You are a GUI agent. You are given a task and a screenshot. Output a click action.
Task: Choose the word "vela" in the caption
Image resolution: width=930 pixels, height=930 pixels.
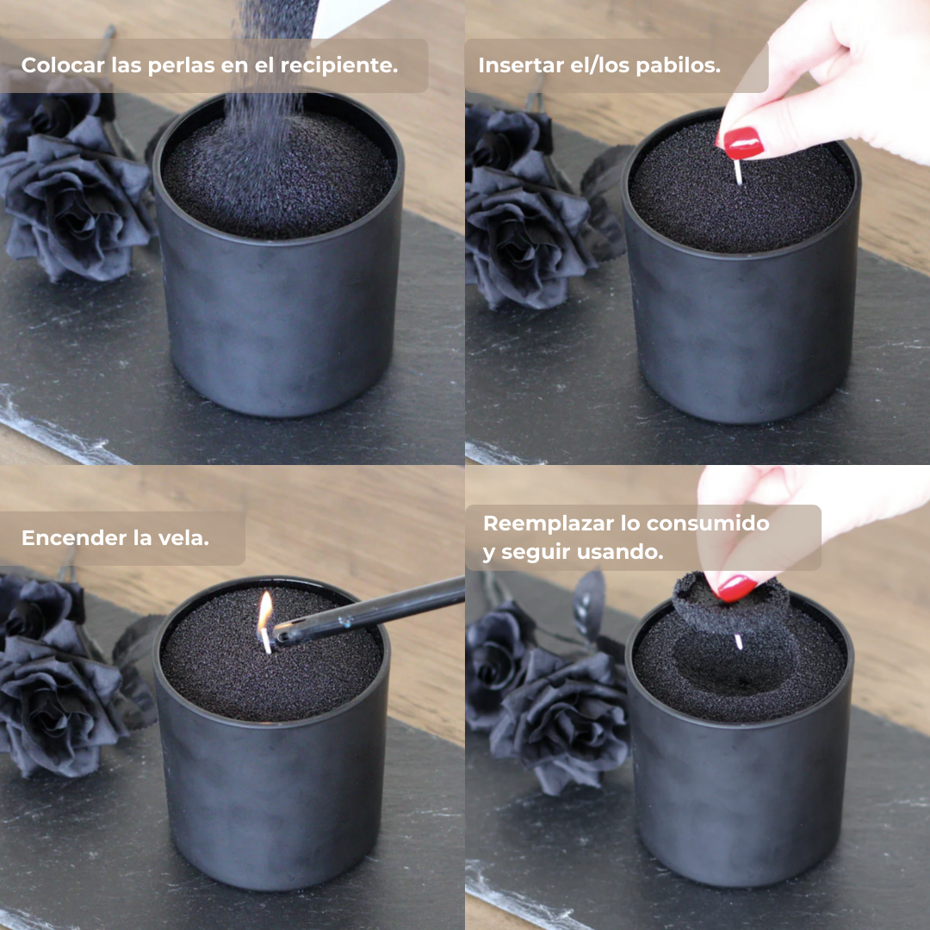tap(187, 538)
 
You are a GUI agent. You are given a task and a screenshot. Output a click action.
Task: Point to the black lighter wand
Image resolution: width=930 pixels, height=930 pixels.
tap(370, 611)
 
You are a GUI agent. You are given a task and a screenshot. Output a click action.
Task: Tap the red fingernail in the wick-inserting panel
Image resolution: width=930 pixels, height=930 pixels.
tap(742, 143)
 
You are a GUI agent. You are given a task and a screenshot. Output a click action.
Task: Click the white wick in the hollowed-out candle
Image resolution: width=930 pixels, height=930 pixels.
tap(738, 642)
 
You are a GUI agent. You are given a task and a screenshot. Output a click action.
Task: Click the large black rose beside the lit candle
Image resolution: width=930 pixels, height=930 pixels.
tap(60, 697)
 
